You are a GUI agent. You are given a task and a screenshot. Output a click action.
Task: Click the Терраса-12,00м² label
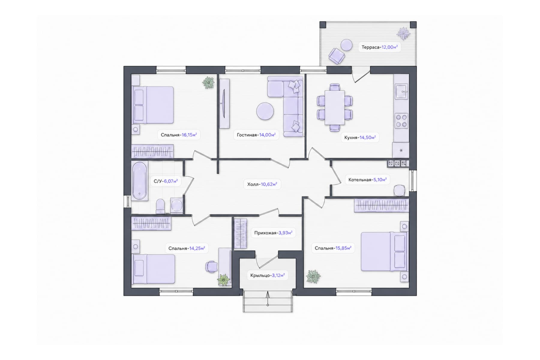pos(379,47)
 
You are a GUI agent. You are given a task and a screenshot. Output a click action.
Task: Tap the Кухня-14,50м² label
pos(360,137)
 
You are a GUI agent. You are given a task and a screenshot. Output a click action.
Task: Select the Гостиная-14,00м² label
pos(256,135)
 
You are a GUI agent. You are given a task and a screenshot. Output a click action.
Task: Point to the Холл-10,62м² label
pos(262,184)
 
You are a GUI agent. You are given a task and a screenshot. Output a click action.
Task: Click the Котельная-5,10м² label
pos(367,180)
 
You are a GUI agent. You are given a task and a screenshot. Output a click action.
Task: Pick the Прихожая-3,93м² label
pos(273,233)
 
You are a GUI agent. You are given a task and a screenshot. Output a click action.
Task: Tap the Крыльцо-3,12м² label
pos(268,275)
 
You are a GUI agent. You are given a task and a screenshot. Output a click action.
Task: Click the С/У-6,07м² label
pos(166,181)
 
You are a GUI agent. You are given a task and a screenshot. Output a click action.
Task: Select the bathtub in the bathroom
pos(139,181)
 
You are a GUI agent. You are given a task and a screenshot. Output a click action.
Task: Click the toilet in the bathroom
pos(160,206)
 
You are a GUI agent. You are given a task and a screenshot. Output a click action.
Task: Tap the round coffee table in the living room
pos(265,111)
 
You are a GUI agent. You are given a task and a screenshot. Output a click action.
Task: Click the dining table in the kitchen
pos(334,107)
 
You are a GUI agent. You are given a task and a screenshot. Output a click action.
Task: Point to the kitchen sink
pos(401,91)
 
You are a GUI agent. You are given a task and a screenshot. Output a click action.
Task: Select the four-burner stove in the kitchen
pos(401,121)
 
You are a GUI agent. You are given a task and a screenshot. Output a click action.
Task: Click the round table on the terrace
pos(347,45)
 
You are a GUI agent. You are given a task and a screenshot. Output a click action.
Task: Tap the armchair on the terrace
pos(337,56)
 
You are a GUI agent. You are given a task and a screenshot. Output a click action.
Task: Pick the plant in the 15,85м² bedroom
pos(313,276)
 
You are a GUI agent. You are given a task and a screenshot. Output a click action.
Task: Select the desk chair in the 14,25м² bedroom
pos(211,266)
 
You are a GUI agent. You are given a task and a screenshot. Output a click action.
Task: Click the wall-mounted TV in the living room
pos(224,103)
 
